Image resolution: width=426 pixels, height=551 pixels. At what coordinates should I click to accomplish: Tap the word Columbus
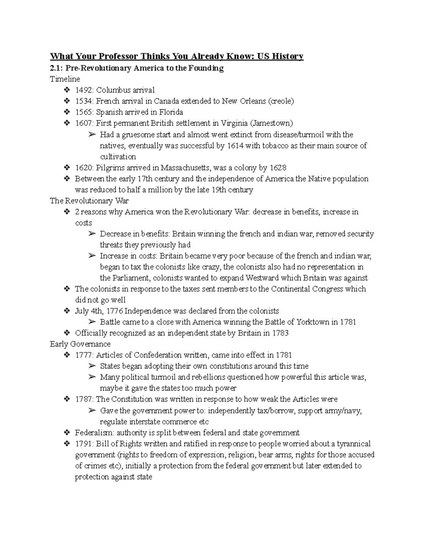[112, 90]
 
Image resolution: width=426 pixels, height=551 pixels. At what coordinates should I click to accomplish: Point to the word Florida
[169, 112]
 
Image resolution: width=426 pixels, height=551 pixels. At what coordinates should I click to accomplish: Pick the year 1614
[235, 145]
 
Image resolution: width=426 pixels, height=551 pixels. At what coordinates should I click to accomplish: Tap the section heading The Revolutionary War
[89, 201]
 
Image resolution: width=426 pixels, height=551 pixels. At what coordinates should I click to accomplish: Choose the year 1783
[280, 333]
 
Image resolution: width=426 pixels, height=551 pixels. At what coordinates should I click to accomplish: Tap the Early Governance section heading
[80, 344]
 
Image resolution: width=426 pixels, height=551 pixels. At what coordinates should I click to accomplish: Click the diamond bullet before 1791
[66, 444]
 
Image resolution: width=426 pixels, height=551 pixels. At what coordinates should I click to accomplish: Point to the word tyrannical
[354, 444]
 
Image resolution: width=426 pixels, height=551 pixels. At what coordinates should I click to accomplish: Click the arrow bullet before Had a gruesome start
[92, 134]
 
